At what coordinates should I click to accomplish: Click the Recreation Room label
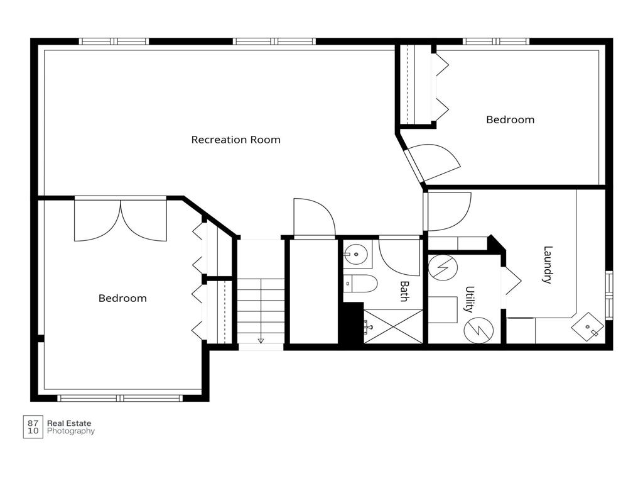pyautogui.click(x=236, y=140)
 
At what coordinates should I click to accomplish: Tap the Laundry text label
pyautogui.click(x=548, y=265)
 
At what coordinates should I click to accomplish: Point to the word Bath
pyautogui.click(x=404, y=291)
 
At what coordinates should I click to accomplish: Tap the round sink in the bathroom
pyautogui.click(x=355, y=254)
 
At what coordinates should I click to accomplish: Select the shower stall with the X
pyautogui.click(x=393, y=326)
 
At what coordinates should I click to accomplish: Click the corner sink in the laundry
pyautogui.click(x=588, y=326)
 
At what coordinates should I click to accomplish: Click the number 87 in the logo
pyautogui.click(x=33, y=423)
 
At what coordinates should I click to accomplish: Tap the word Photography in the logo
pyautogui.click(x=70, y=431)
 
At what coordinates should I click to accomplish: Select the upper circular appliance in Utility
pyautogui.click(x=443, y=269)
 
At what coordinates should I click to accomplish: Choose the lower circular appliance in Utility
pyautogui.click(x=478, y=330)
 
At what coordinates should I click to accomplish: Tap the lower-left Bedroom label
pyautogui.click(x=122, y=298)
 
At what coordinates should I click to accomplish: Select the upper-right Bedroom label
pyautogui.click(x=510, y=119)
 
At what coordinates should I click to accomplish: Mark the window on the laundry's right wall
pyautogui.click(x=609, y=295)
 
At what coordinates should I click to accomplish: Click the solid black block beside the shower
pyautogui.click(x=351, y=323)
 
